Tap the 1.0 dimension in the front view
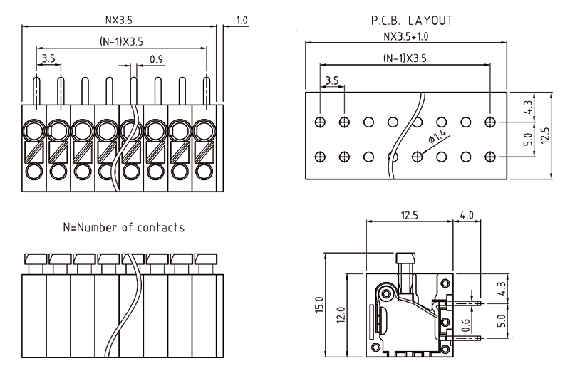pos(242,21)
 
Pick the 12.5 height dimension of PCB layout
pos(545,135)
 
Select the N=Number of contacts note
pos(124,228)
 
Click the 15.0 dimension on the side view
pos(318,305)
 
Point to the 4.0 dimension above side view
pos(467,214)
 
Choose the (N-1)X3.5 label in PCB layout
pos(405,58)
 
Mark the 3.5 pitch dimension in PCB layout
pos(332,80)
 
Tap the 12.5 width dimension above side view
pos(408,214)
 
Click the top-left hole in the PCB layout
pos(320,122)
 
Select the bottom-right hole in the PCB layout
pos(490,155)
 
